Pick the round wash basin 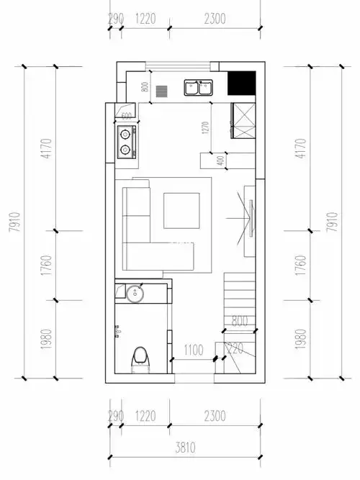coord(133,293)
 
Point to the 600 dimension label coord(126,115)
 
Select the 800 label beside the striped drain coord(145,89)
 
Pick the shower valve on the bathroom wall coord(117,330)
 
